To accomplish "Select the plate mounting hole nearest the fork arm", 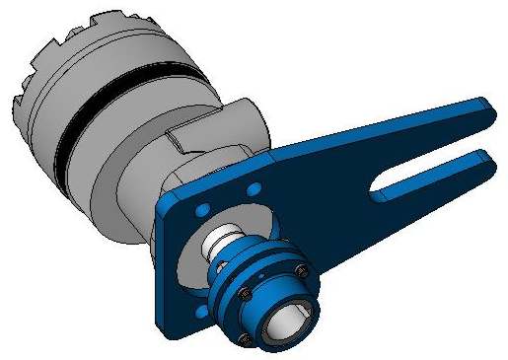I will point(254,187).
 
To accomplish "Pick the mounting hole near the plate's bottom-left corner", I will point(201,312).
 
